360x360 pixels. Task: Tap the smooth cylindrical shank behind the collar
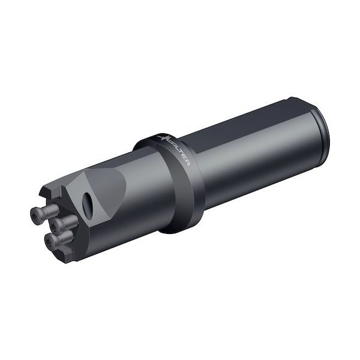tap(258, 150)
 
